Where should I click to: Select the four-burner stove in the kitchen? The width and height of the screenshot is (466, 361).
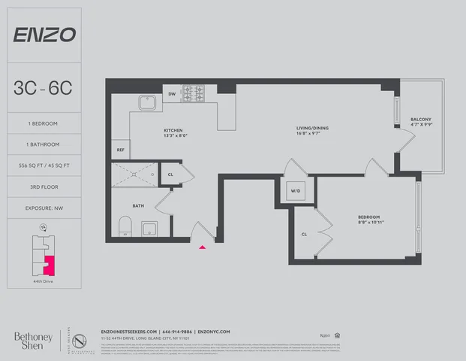coord(194,94)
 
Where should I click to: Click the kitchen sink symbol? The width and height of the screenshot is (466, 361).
coord(146,103)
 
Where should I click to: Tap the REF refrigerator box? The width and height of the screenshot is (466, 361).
coord(120,150)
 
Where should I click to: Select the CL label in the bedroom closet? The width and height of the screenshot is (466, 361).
coord(303,234)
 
